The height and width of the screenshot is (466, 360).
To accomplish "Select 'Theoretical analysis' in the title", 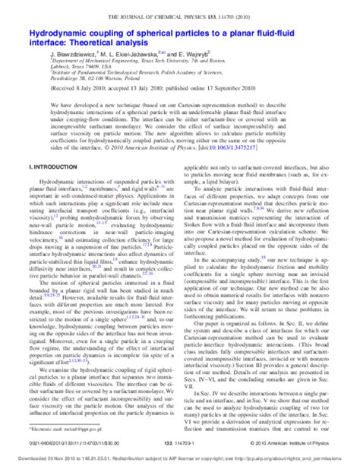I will [x=114, y=44].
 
